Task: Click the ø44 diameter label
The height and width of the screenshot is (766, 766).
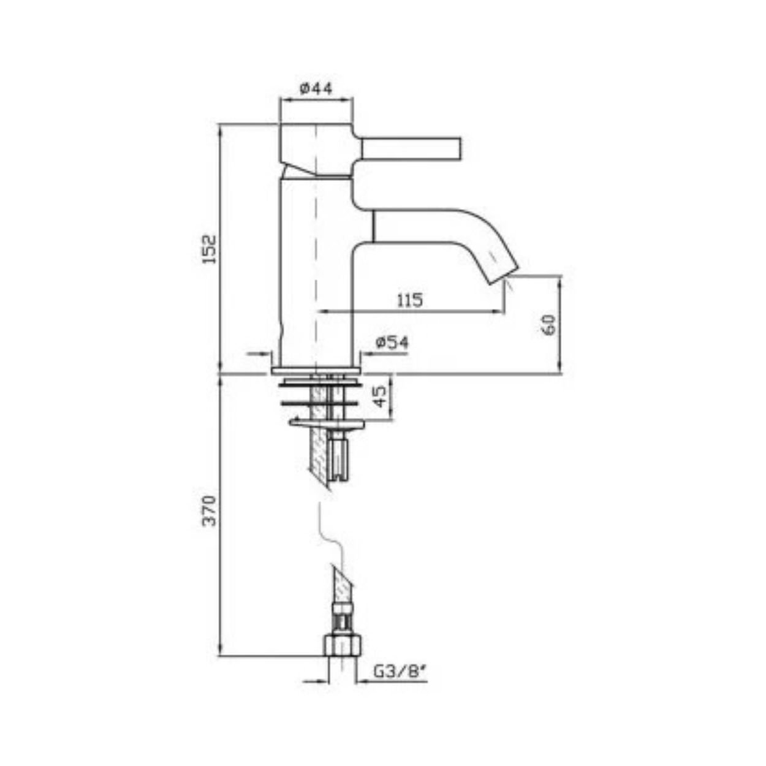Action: click(x=316, y=88)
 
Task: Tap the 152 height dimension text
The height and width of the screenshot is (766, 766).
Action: click(x=210, y=249)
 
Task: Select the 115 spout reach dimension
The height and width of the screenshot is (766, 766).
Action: click(x=410, y=300)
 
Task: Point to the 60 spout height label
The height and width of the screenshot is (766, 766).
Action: click(x=549, y=325)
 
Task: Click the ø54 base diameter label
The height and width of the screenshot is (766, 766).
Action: click(x=392, y=343)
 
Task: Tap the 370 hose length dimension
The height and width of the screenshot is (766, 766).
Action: click(x=210, y=511)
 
